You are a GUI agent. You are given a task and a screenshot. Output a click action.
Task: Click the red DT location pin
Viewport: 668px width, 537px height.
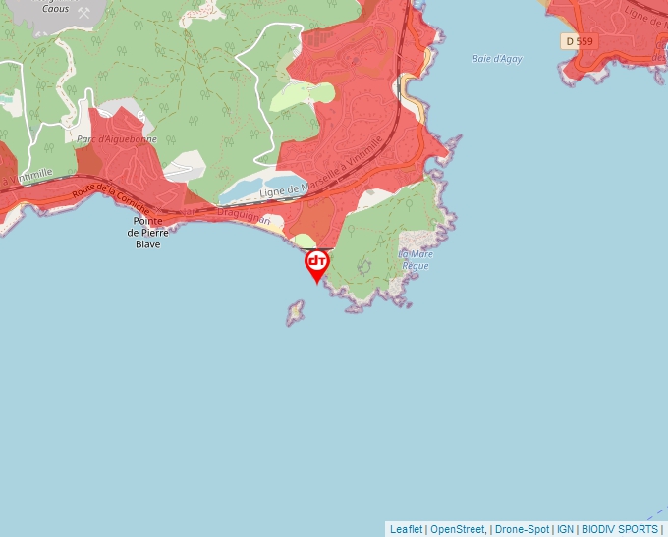coord(316,263)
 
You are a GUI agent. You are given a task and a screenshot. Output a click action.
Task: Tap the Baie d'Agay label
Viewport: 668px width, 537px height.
coord(497,59)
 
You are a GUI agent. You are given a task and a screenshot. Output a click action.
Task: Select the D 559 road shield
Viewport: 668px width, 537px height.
coord(579,41)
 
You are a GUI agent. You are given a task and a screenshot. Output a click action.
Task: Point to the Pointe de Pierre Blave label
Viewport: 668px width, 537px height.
coord(148,233)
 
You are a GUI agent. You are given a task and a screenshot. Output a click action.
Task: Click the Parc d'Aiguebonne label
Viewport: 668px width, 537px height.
coord(117,140)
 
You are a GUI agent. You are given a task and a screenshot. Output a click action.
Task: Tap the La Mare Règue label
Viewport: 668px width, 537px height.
coord(415,259)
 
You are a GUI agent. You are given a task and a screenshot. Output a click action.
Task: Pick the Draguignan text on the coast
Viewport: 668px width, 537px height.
coord(244,215)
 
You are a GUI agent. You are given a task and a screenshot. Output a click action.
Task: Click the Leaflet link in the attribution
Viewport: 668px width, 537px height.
coord(406,529)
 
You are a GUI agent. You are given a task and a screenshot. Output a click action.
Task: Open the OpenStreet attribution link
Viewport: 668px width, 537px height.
coord(458,529)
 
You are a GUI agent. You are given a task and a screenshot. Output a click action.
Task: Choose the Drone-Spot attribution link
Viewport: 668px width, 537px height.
coord(522,529)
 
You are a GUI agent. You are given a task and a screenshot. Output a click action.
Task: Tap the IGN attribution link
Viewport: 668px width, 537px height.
coord(565,529)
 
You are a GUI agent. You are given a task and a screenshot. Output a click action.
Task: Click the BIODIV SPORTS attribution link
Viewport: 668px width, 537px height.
coord(620,529)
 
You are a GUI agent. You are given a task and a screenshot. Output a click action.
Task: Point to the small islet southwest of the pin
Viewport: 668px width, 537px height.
coord(295,312)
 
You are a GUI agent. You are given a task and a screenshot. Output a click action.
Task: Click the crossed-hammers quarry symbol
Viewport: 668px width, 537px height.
coord(83,13)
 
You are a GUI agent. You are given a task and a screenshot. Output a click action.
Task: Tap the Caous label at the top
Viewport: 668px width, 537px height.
coord(55,8)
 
